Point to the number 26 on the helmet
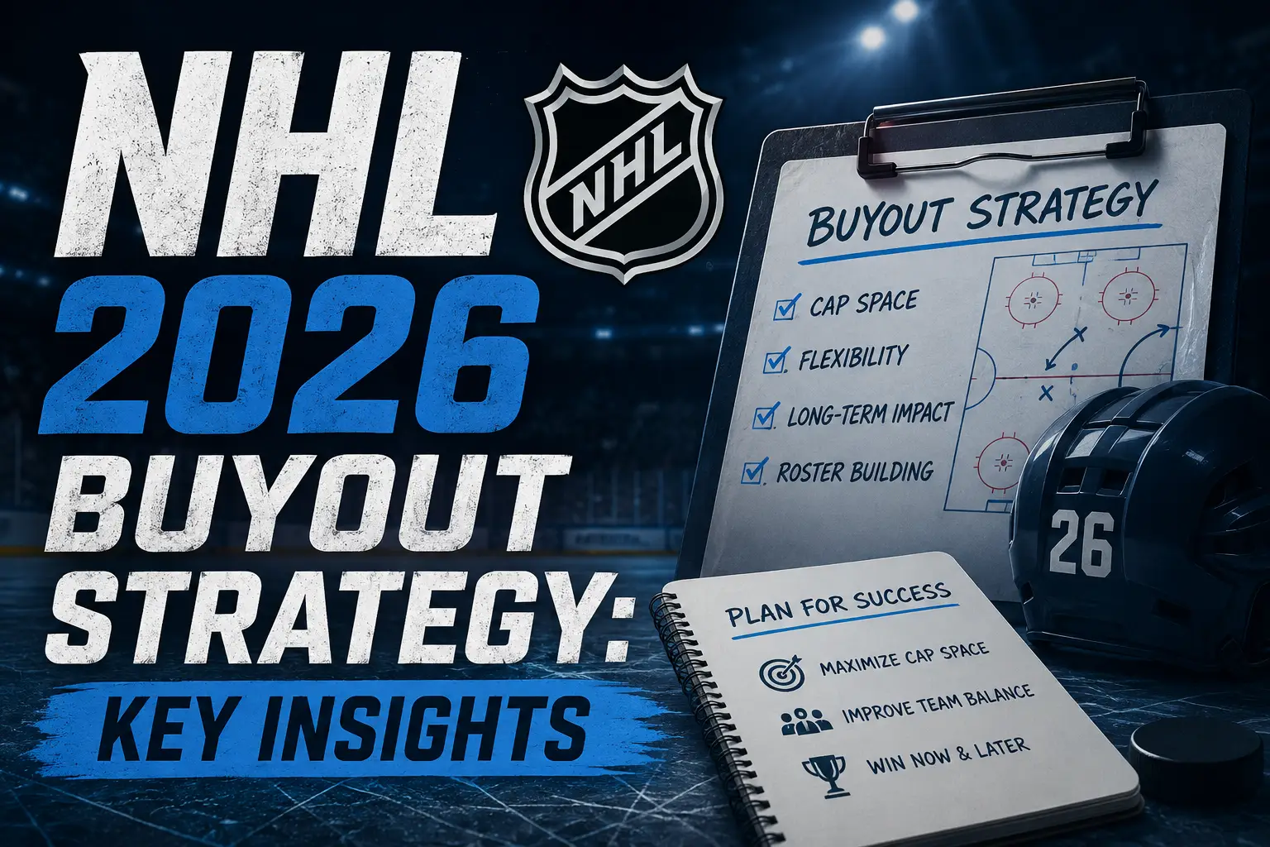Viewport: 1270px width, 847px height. [1080, 543]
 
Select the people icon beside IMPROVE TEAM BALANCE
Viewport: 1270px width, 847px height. [806, 721]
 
